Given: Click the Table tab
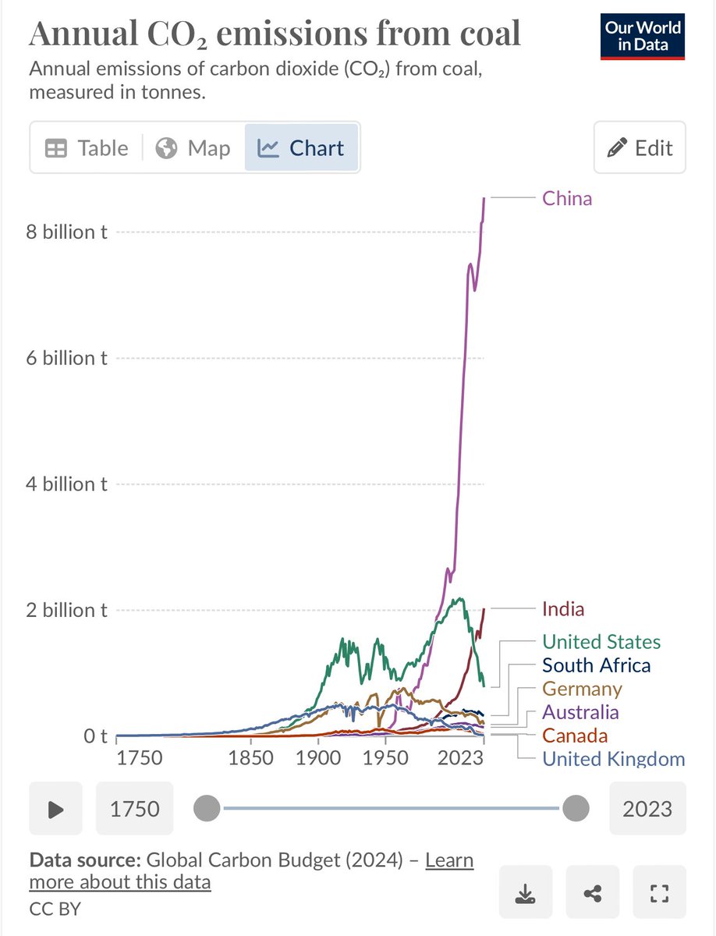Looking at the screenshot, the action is point(87,148).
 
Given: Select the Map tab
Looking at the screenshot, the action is point(193,148).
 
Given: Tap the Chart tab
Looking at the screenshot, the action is point(301,148).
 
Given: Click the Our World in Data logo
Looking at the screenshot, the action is point(642,37).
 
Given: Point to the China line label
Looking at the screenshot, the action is point(567,199).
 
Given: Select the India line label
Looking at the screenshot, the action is point(563,609).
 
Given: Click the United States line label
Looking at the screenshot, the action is point(601,642).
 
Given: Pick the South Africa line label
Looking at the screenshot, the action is point(596,665).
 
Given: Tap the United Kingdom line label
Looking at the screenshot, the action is point(613,760).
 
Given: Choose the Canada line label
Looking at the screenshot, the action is point(574,736).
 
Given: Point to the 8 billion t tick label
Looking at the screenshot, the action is point(66,232).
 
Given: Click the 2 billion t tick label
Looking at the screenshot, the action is point(66,610).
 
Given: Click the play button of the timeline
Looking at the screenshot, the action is point(55,809).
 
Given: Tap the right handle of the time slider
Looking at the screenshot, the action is point(576,808).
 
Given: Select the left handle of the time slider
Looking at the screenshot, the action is point(207,808).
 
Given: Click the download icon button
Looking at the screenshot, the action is point(526,892).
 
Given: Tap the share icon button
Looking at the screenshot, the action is point(592,892).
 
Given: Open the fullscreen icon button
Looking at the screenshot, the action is point(659,892).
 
